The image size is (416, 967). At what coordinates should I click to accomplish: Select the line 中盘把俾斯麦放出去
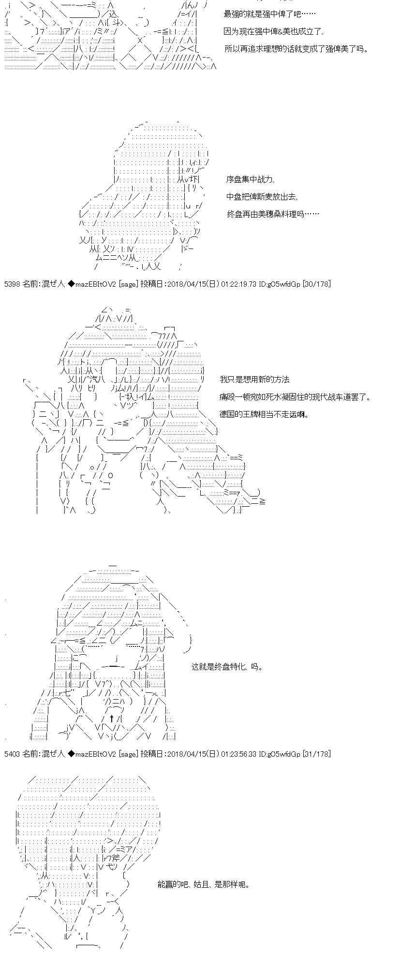[262, 197]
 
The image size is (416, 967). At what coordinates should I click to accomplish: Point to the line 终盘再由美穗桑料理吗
[273, 214]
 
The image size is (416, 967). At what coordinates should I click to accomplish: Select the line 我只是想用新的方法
[254, 380]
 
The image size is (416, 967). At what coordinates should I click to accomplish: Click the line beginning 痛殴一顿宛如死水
[295, 397]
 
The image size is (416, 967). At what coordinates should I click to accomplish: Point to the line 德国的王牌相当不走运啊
[264, 414]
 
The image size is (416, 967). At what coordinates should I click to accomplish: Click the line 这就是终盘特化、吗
[227, 667]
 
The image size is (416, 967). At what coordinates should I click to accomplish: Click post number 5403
[11, 754]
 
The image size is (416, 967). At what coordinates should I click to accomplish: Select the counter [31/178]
[316, 754]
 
